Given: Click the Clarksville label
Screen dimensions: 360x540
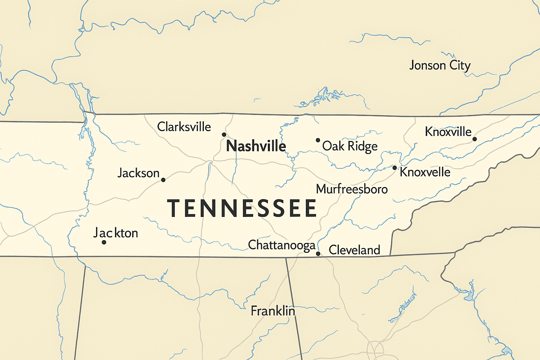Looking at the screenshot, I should tap(184, 127).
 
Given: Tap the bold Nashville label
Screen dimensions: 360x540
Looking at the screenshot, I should tap(256, 146).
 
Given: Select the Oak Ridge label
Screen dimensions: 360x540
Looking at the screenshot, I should tap(350, 146).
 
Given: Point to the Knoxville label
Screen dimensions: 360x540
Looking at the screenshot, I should tap(448, 132).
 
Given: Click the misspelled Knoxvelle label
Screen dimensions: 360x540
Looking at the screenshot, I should tap(425, 172).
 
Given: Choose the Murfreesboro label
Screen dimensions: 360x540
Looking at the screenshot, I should tap(352, 189).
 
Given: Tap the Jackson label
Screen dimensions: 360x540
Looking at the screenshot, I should tap(139, 173).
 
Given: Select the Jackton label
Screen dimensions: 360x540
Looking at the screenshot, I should tap(116, 233).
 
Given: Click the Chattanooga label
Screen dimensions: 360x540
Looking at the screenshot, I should tap(282, 245).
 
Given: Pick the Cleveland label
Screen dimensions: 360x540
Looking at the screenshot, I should tap(354, 250).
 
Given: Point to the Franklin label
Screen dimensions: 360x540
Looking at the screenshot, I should tap(273, 311).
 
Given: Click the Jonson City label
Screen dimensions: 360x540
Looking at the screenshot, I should tap(440, 66).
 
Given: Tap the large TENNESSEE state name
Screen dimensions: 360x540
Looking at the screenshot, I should tap(242, 208).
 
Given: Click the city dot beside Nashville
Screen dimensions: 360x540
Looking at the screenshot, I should tap(224, 135).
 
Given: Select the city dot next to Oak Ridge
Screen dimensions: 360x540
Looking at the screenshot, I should tap(318, 140).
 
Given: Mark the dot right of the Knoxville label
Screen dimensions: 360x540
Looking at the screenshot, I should tap(475, 139).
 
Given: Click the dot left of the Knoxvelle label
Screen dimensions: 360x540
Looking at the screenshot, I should tap(394, 168).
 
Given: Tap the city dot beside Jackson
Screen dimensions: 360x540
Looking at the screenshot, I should tap(163, 180).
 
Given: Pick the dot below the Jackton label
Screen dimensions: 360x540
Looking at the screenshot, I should tap(104, 242).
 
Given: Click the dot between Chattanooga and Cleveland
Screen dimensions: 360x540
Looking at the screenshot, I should tap(318, 253).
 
